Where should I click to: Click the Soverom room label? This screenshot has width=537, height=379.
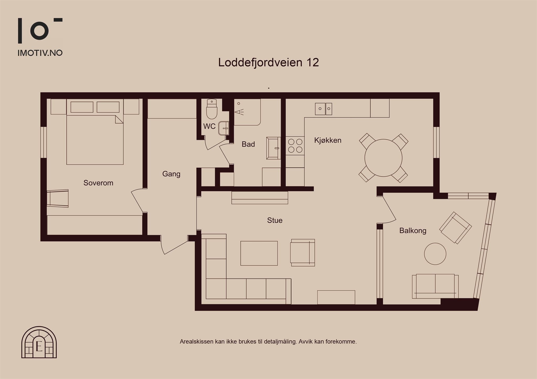coord(98,183)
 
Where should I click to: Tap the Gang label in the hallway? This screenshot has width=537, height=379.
coord(171,174)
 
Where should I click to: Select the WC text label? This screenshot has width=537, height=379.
coord(209,126)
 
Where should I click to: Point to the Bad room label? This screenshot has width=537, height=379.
coord(248,144)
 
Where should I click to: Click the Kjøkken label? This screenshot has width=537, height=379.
coord(328,140)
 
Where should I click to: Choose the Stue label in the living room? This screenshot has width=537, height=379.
coord(275,220)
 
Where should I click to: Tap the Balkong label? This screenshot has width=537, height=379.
coord(413,231)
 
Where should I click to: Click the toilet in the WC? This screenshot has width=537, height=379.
coord(212,109)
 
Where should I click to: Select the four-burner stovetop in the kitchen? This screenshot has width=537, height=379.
coord(295,146)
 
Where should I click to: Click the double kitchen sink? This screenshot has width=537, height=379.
coord(324,109)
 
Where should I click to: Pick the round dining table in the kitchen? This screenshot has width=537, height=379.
coord(383,158)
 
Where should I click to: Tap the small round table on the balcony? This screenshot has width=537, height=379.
coord(435,254)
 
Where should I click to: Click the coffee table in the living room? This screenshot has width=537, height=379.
coord(259,253)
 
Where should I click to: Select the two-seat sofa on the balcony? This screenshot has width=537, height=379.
coord(435,286)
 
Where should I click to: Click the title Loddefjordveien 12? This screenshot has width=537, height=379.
coord(268,63)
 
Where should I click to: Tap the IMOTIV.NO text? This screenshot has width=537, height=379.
coord(40,53)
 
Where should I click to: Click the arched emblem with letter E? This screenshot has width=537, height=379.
coord(39,342)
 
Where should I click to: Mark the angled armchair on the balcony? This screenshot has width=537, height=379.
coord(455,228)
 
